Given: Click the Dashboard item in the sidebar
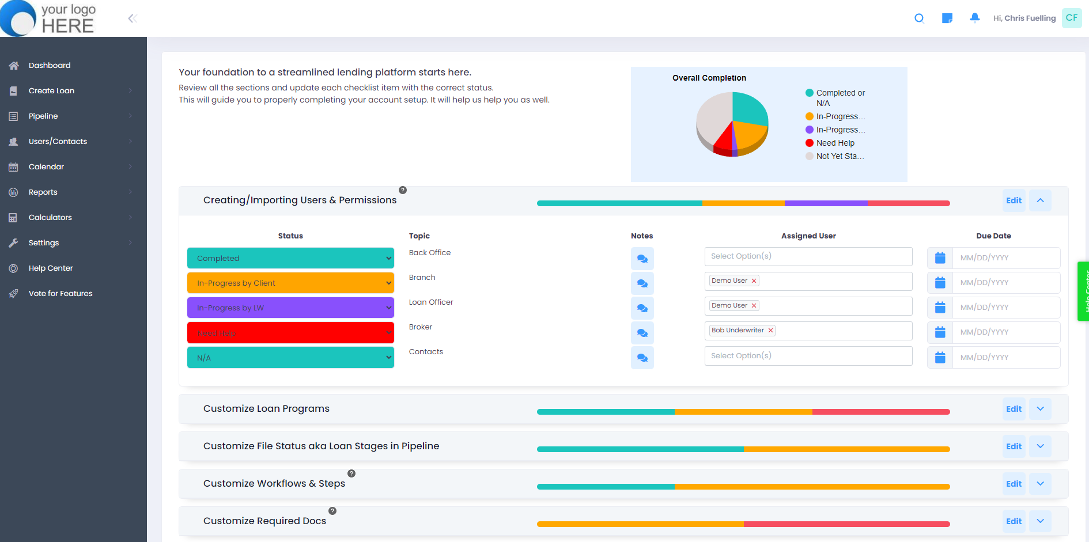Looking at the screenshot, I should [x=50, y=66].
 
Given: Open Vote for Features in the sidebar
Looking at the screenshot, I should [x=60, y=294].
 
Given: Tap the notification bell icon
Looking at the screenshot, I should [x=974, y=18].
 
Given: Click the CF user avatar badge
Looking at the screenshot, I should [x=1071, y=18].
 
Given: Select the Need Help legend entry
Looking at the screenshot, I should [x=835, y=143].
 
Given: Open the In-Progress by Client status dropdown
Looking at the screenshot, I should [x=290, y=283].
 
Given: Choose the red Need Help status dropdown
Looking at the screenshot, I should [x=290, y=333].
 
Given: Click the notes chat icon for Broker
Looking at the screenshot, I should [x=642, y=333].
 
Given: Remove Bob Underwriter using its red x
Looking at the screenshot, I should [x=770, y=331].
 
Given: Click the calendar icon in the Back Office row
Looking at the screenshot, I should [x=940, y=258].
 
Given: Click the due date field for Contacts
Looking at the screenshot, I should [x=1005, y=357].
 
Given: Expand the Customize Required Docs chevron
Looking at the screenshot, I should [x=1040, y=521].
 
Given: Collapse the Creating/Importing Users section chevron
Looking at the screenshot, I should [x=1040, y=200].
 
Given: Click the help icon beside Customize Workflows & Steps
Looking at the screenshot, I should [x=351, y=473].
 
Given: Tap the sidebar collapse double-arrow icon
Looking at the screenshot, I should [x=132, y=18].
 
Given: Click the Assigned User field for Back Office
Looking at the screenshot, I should [x=808, y=256].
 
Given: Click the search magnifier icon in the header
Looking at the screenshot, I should [x=919, y=18].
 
